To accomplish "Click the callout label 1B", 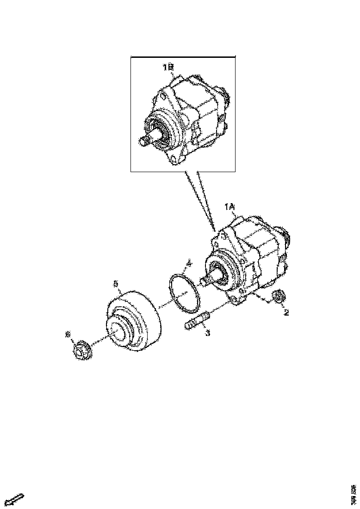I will coord(168,68).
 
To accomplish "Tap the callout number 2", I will coord(286,313).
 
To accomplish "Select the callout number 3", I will coord(207,333).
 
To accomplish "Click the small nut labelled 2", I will coord(279,297).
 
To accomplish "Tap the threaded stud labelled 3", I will coord(197,321).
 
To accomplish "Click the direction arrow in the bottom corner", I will coord(15,500).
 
